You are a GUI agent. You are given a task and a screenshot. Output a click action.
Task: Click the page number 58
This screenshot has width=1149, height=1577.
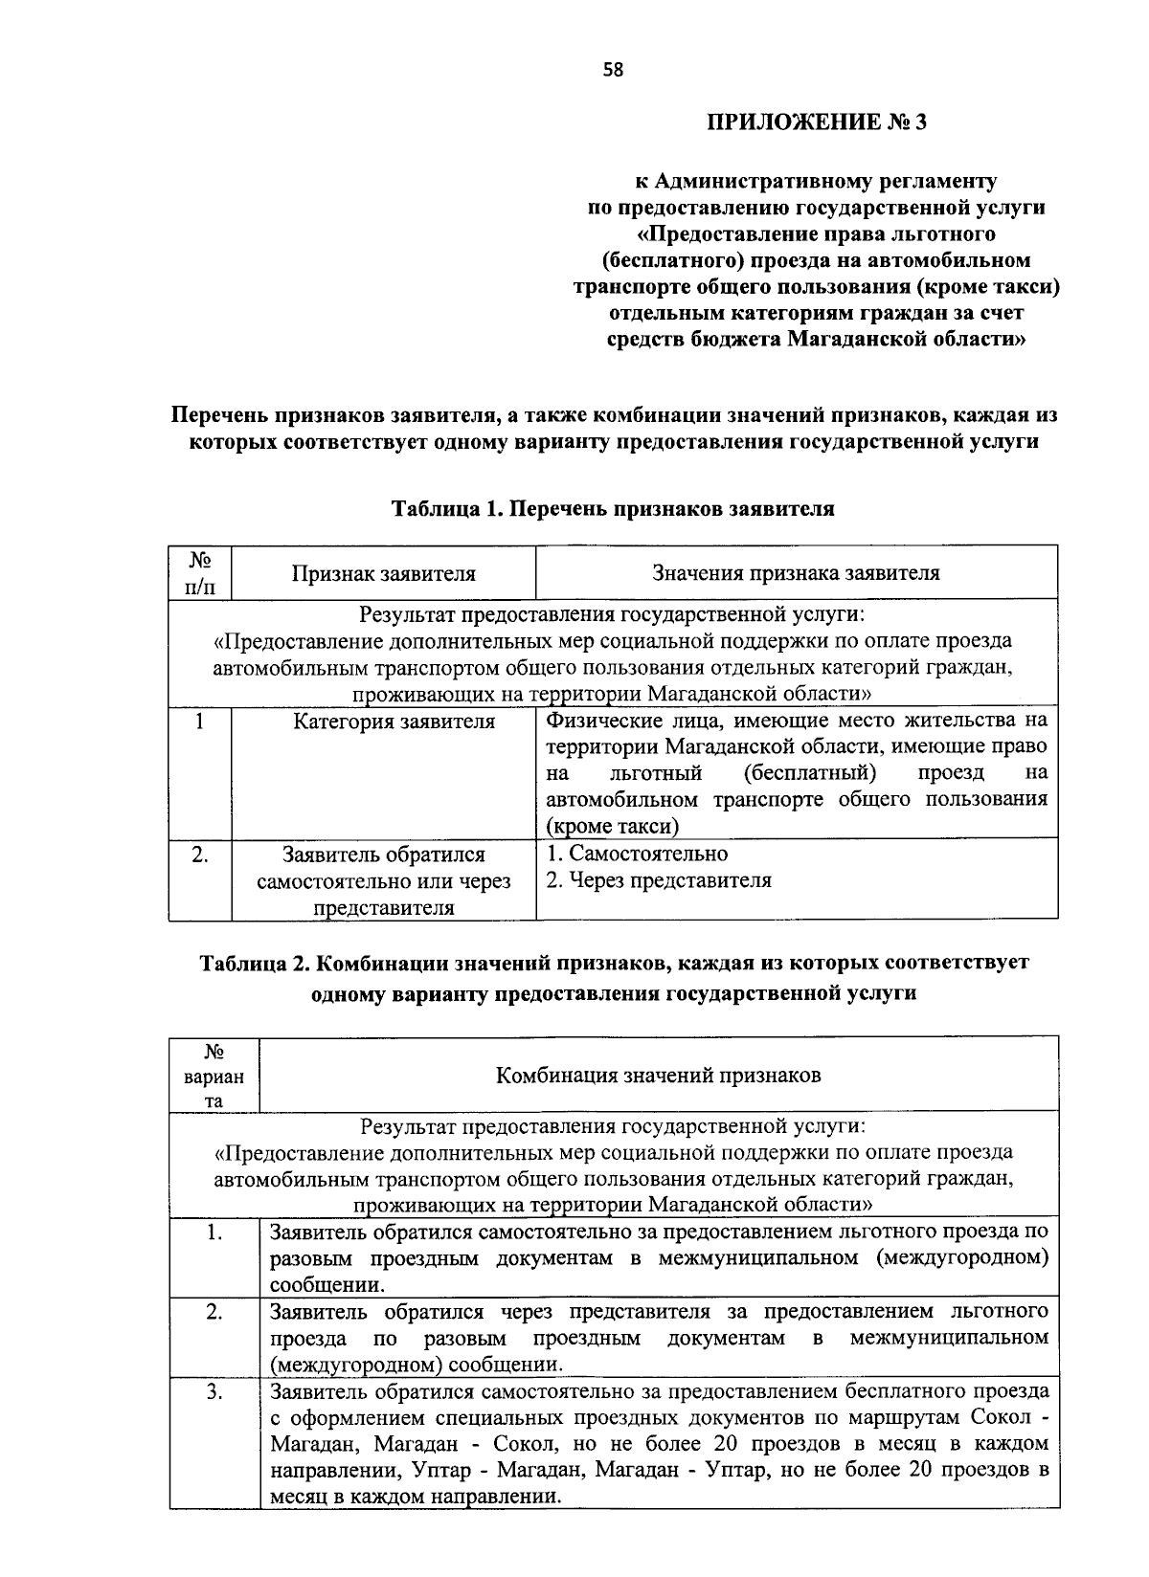click(x=613, y=69)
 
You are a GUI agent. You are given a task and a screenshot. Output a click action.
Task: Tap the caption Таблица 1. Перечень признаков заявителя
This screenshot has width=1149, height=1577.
click(x=613, y=509)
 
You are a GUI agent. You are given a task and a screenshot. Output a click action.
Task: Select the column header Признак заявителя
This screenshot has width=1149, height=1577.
click(x=383, y=573)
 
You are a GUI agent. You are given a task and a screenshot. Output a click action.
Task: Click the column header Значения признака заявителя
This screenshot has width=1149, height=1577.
click(x=796, y=573)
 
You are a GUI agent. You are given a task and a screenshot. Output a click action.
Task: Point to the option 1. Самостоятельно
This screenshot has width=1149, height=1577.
click(x=637, y=854)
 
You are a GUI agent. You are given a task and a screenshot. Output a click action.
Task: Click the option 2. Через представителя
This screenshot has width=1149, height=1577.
click(x=659, y=880)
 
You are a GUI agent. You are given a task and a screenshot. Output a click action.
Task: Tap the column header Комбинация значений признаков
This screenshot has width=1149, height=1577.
click(x=658, y=1075)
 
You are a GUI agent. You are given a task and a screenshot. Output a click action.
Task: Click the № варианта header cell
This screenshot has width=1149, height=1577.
click(x=214, y=1075)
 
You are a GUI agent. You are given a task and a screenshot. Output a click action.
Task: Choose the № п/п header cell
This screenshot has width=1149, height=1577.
click(x=199, y=573)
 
